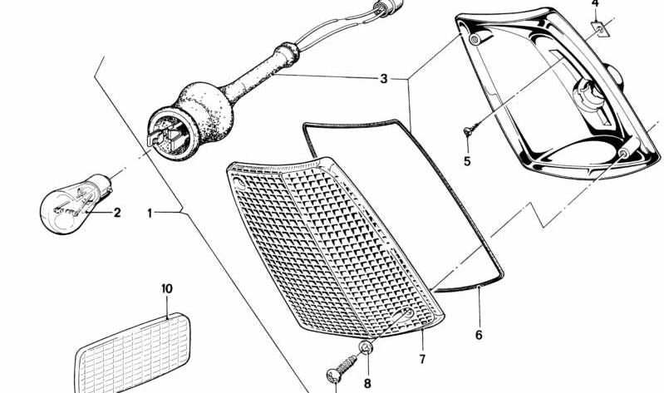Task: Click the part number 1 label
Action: [x=150, y=213]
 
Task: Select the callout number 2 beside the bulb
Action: [x=117, y=213]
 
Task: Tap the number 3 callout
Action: [x=383, y=80]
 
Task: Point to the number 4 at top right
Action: [x=595, y=4]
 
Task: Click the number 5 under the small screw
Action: [x=467, y=160]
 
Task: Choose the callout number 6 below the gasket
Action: [x=479, y=336]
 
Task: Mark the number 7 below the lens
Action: [x=422, y=359]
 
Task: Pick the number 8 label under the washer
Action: [x=366, y=383]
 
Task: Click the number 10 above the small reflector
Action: [x=166, y=288]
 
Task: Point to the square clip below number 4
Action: [x=597, y=30]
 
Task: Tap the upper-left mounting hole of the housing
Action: [x=475, y=40]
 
